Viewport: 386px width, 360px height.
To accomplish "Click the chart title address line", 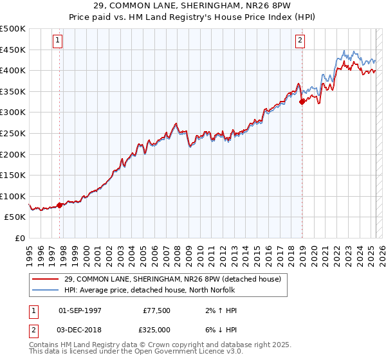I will coord(192,6).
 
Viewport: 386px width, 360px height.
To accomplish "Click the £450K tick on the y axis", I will coord(13,50).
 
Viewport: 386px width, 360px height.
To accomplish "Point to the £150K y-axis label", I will coord(13,175).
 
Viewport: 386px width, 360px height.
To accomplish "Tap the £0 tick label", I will coord(21,238).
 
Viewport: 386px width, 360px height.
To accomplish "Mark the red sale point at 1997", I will coord(60,205).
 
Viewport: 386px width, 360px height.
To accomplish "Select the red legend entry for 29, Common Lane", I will coord(172,280).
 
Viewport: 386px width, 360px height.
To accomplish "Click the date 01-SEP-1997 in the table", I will coord(80,310).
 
